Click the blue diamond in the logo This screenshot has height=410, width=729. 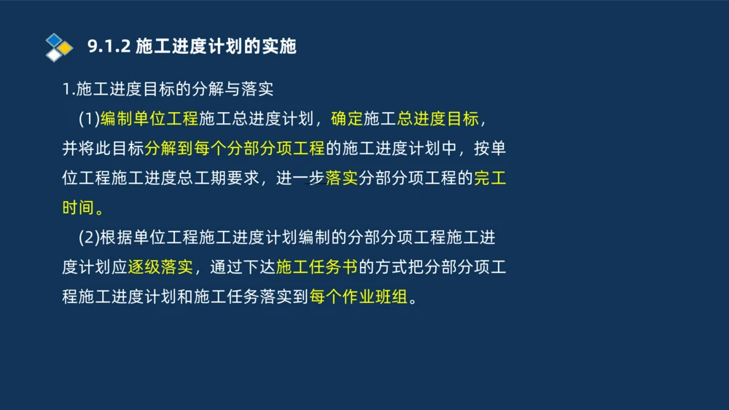click(x=54, y=39)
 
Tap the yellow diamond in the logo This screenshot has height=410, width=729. click(x=66, y=48)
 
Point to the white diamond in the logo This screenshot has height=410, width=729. click(x=53, y=55)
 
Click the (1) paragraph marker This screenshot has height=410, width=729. click(x=88, y=119)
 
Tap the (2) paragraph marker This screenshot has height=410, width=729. click(x=88, y=238)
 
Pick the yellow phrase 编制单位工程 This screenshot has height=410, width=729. click(x=149, y=119)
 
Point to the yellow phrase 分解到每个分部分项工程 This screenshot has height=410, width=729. click(x=234, y=149)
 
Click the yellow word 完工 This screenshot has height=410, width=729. click(x=490, y=178)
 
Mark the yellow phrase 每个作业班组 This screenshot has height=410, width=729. click(x=358, y=298)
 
